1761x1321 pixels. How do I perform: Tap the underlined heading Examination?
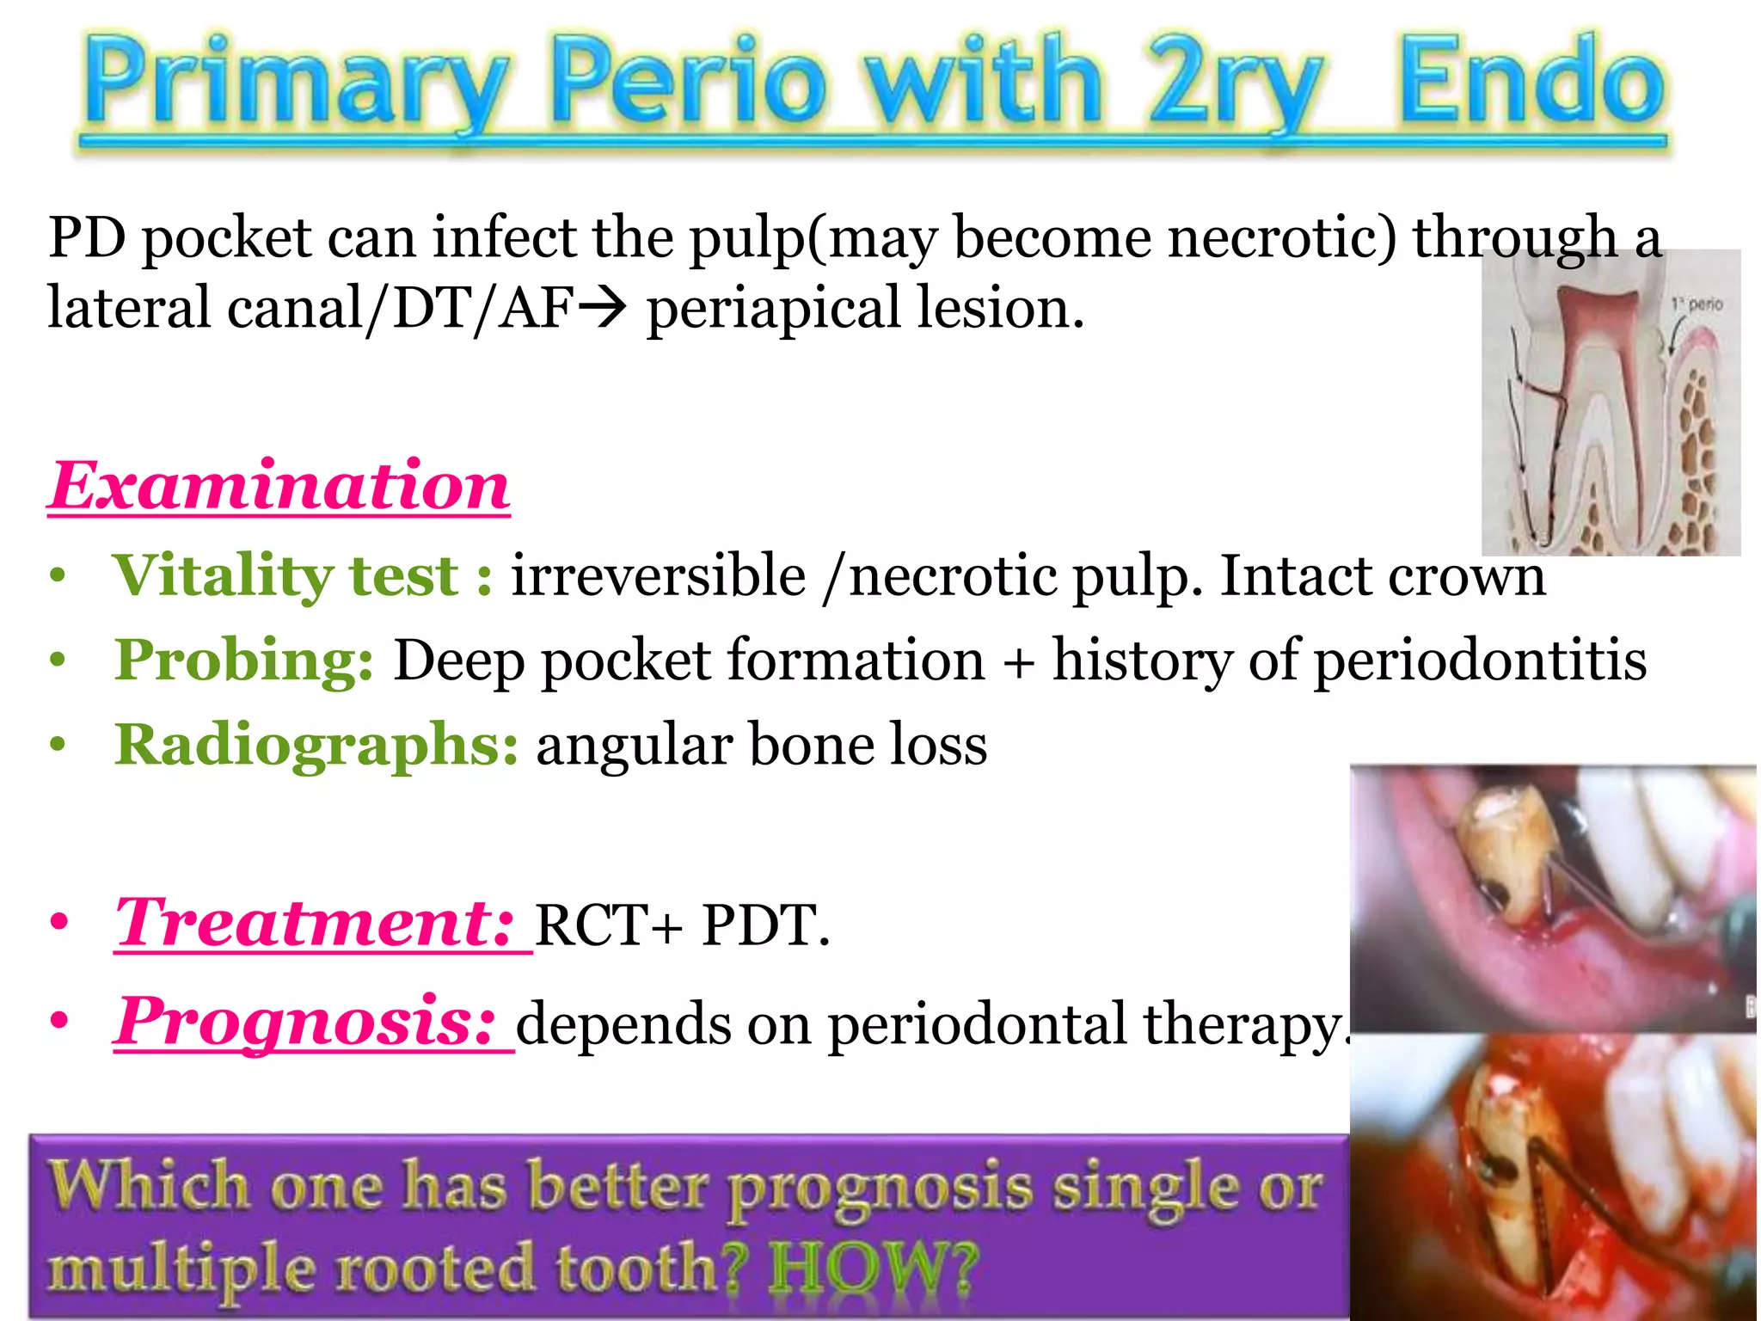coord(279,487)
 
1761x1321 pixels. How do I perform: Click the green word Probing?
coord(244,660)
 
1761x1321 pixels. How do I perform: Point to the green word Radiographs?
coord(316,745)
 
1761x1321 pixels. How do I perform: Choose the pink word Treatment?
coord(315,923)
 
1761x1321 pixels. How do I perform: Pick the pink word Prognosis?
coord(306,1022)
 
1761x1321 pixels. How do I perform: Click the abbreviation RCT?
coord(597,926)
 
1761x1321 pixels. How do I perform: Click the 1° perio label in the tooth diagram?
coord(1697,304)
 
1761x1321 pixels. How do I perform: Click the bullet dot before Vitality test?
coord(58,576)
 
